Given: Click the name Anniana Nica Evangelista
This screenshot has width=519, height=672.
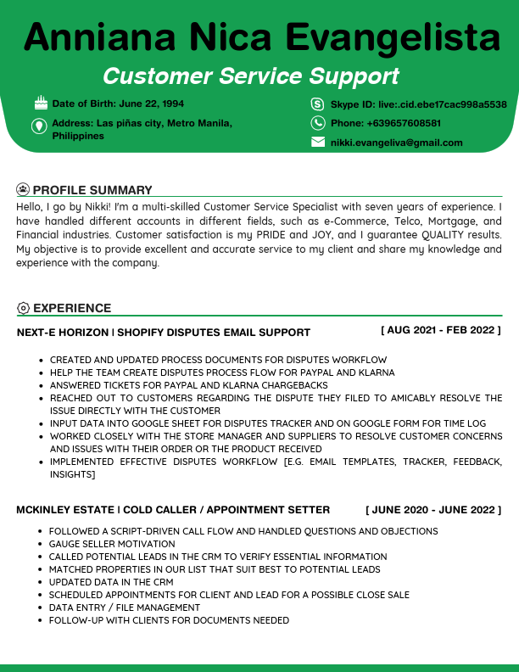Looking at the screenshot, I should tap(262, 37).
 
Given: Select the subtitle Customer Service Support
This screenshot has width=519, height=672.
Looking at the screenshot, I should tap(251, 76).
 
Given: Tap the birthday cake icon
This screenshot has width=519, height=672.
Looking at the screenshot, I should tap(41, 104).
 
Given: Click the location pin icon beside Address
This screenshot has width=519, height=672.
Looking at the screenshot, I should tap(39, 126).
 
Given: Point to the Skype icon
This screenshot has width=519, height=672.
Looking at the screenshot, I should tap(318, 104).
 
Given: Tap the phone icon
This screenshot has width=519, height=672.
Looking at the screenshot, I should tap(318, 123).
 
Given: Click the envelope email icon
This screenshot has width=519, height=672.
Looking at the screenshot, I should tap(318, 143).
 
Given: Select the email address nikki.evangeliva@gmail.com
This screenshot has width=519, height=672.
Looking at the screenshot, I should tap(396, 143).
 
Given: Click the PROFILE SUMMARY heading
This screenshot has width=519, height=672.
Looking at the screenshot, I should tap(92, 190).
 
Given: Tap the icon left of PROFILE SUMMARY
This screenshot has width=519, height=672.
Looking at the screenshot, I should tap(23, 190).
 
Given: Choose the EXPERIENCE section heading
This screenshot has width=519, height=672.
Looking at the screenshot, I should tap(72, 308).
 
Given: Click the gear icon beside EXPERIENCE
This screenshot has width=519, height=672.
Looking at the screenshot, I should tap(23, 308).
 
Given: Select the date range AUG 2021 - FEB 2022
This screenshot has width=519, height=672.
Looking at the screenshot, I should tap(441, 329).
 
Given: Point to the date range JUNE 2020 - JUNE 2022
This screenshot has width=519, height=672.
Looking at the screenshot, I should tap(433, 509).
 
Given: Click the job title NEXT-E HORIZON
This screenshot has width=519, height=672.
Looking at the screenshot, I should tap(63, 333).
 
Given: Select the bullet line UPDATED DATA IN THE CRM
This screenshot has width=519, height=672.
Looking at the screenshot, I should tap(111, 582).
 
